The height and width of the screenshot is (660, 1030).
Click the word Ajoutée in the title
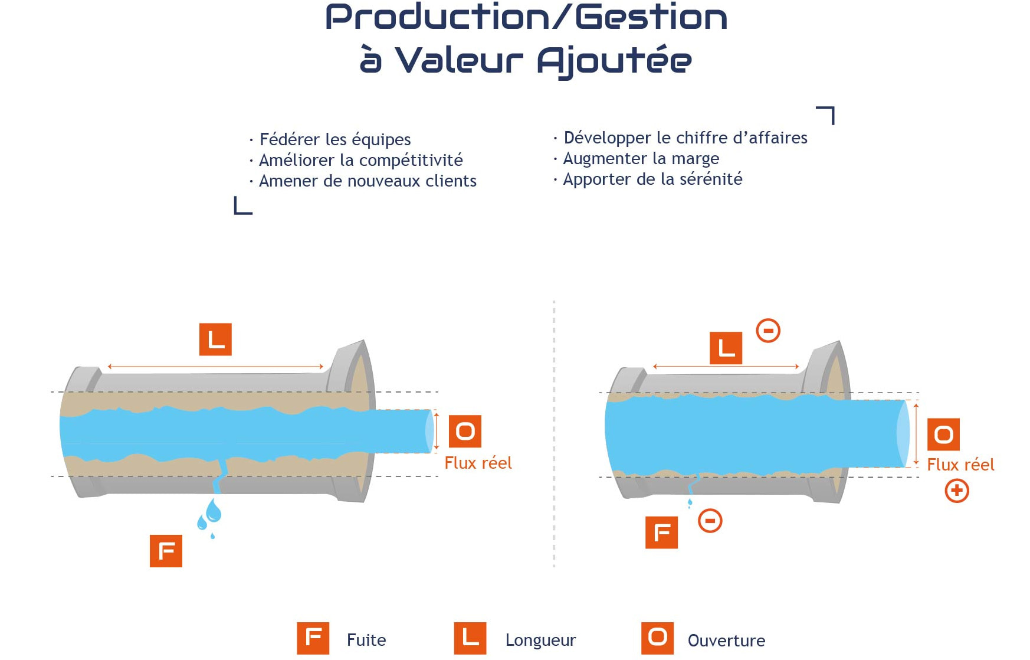coord(614,61)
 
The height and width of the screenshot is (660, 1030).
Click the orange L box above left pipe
coord(215,339)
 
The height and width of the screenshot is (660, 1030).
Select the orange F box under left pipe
coord(166,551)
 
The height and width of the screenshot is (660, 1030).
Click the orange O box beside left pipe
coord(465,432)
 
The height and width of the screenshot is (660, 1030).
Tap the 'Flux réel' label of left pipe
coord(478,463)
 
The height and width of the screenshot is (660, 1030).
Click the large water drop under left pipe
coord(213,511)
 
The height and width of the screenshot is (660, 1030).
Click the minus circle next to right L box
coord(768,331)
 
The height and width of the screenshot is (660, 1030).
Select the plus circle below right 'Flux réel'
coord(957,491)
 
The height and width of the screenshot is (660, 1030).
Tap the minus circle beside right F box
coord(710,521)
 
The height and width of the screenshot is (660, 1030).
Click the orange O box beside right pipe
coord(944,434)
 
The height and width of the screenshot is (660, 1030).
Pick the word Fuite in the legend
coord(366,640)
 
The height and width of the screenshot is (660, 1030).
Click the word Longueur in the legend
coord(540,641)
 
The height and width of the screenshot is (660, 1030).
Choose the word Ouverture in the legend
coord(726,641)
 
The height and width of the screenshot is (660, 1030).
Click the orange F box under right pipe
coord(661,532)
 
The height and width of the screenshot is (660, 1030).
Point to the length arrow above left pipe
coord(215,367)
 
